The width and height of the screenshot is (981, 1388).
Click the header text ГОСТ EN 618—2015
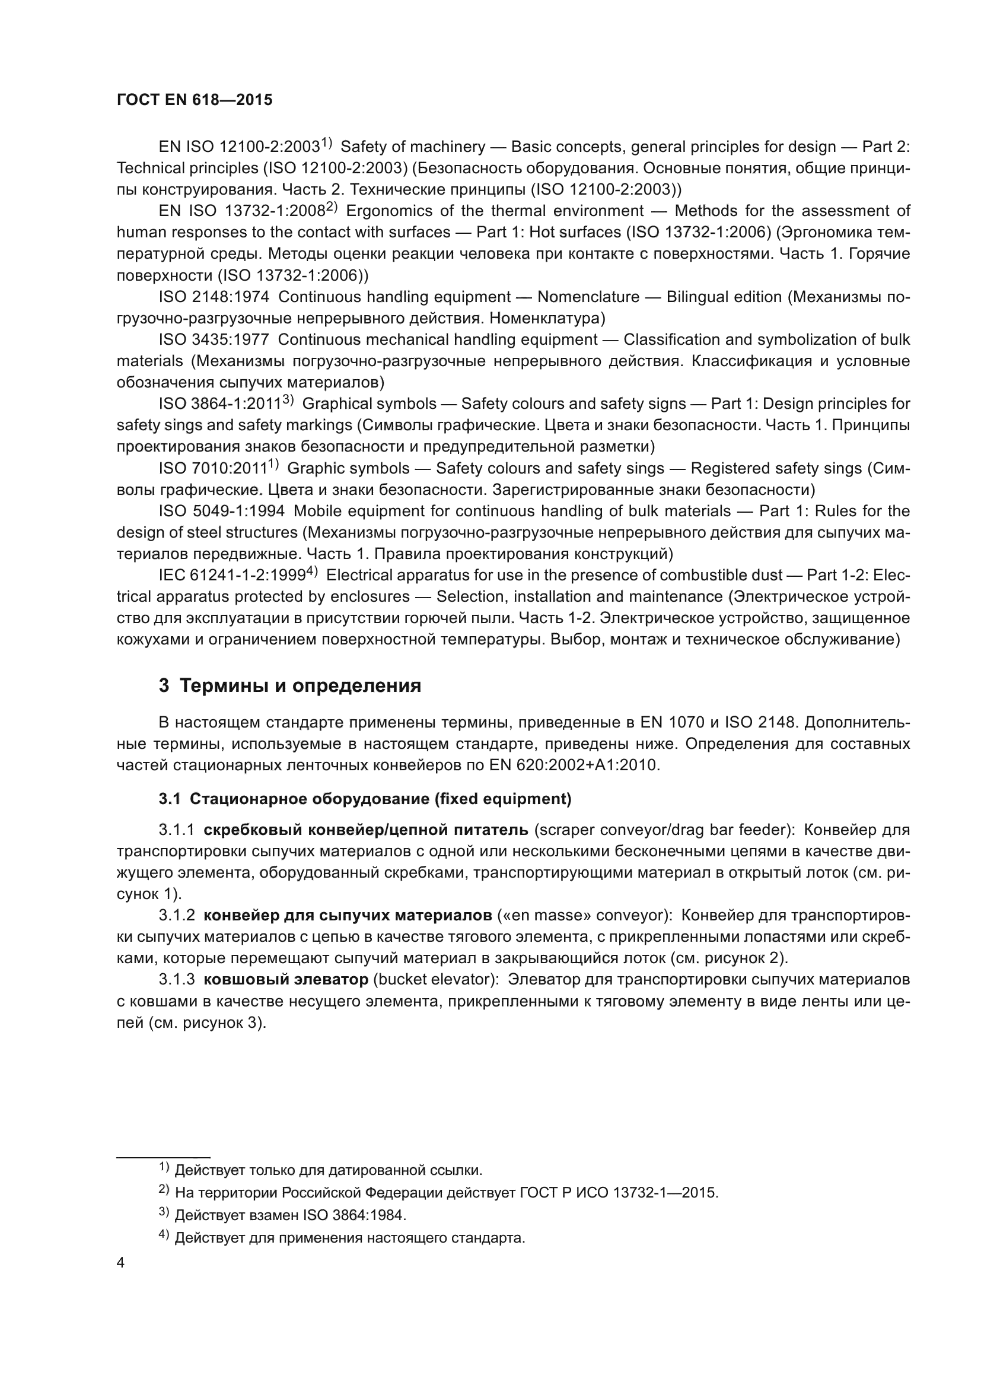pyautogui.click(x=195, y=100)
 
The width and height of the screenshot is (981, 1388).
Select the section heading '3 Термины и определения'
pyautogui.click(x=290, y=685)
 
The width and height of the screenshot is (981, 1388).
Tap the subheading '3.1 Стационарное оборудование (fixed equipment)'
pyautogui.click(x=365, y=799)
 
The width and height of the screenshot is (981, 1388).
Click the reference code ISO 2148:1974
pyautogui.click(x=214, y=297)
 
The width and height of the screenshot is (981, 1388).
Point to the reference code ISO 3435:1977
pyautogui.click(x=214, y=340)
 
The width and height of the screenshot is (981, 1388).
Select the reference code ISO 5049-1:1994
pyautogui.click(x=222, y=511)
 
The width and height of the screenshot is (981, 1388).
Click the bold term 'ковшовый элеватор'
pyautogui.click(x=286, y=979)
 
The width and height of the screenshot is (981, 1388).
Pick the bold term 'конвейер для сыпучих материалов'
pyautogui.click(x=348, y=915)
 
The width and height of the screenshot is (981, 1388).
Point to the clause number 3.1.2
pyautogui.click(x=176, y=915)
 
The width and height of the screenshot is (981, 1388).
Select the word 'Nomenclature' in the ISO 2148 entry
pyautogui.click(x=588, y=297)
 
